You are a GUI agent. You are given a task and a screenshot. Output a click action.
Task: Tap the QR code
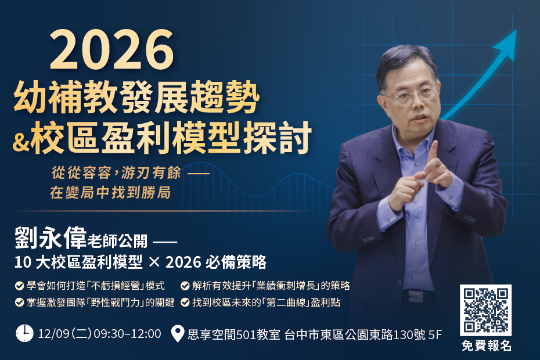(x=485, y=310)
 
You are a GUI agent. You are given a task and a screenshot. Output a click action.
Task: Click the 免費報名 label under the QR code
(x=486, y=346)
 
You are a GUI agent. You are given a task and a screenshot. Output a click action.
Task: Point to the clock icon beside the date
(x=24, y=333)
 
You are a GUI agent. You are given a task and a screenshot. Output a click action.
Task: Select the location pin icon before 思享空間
(x=178, y=334)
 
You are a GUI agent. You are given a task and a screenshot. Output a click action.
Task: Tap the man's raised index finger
(x=433, y=152)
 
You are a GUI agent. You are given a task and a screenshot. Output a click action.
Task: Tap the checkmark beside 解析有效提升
(x=185, y=286)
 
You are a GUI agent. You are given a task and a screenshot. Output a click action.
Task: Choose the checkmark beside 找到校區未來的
(x=185, y=303)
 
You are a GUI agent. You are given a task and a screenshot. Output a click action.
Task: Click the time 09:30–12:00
(x=127, y=334)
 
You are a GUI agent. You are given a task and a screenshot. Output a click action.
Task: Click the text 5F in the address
(x=435, y=334)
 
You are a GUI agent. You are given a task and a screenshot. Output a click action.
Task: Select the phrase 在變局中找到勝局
(x=110, y=193)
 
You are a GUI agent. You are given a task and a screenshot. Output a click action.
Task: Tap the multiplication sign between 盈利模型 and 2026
(x=154, y=262)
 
